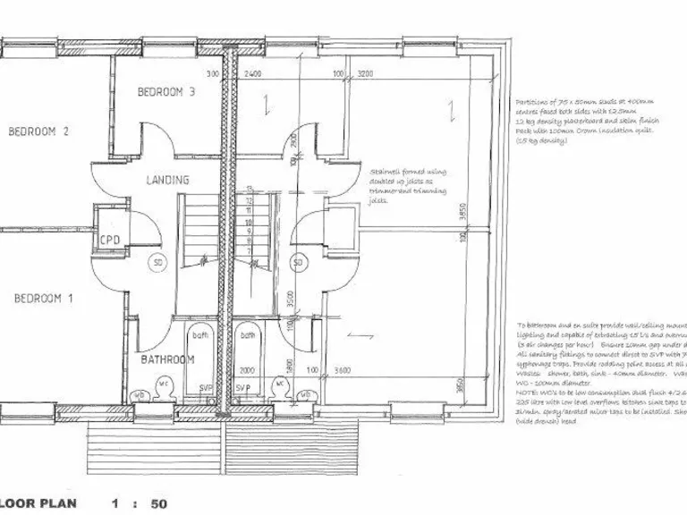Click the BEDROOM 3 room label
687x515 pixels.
click(x=165, y=92)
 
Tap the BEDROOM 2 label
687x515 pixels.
click(x=38, y=131)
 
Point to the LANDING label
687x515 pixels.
click(x=168, y=180)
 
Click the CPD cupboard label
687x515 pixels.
click(x=109, y=240)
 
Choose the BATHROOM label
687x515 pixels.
click(x=167, y=359)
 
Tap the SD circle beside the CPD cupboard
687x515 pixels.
click(x=157, y=264)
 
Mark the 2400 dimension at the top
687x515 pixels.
click(x=252, y=74)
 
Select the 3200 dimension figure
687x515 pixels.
click(x=365, y=74)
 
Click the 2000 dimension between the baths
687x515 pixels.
click(x=246, y=369)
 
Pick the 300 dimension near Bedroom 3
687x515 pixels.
click(x=213, y=74)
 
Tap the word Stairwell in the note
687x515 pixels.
click(x=386, y=170)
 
